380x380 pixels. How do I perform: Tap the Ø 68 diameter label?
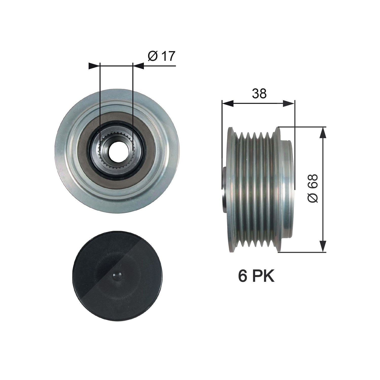[x=313, y=188]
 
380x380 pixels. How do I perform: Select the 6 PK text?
[x=256, y=276]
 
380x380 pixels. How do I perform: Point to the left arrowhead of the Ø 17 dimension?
[x=94, y=66]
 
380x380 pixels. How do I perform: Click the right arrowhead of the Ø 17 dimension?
[x=138, y=66]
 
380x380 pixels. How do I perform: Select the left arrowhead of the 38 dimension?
[x=227, y=103]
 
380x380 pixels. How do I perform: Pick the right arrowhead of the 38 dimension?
[x=289, y=103]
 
